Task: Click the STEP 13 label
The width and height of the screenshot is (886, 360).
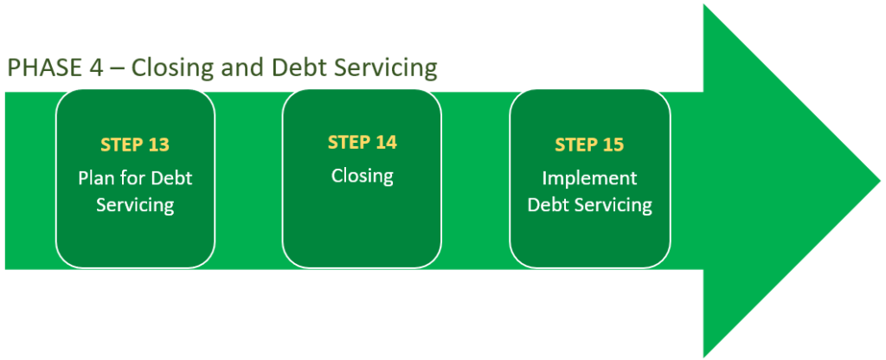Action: (135, 145)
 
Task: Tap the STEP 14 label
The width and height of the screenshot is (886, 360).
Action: (362, 143)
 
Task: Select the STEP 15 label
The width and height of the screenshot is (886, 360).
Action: (589, 145)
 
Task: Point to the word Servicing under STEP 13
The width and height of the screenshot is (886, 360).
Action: (135, 205)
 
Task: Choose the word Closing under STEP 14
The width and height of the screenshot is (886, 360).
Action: (362, 176)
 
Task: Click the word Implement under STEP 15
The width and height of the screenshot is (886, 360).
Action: (589, 178)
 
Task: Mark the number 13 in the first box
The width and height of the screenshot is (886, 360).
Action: (158, 145)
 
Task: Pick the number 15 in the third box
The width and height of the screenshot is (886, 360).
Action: (613, 145)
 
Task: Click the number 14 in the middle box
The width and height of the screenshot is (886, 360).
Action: (385, 143)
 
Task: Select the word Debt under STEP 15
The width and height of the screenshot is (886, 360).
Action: (548, 205)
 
